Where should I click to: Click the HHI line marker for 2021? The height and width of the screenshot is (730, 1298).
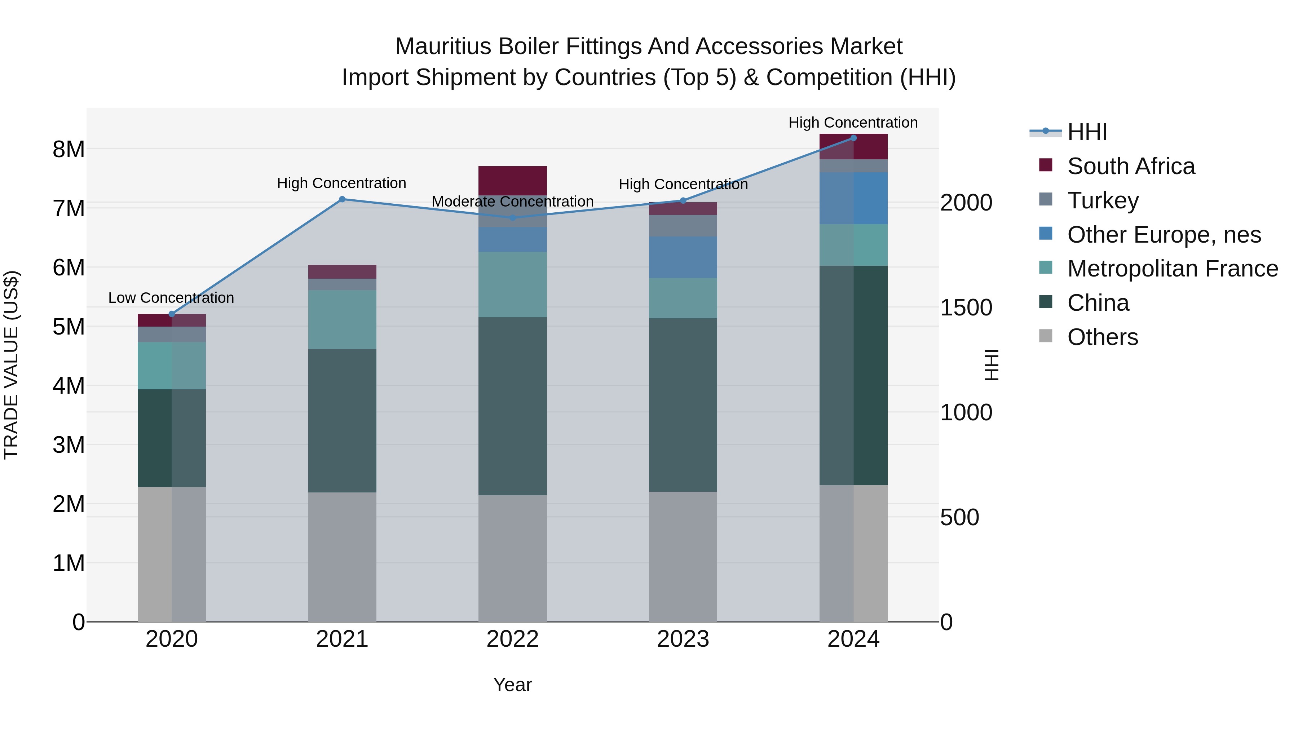coord(342,199)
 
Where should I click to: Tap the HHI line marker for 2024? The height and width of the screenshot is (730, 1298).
coord(853,138)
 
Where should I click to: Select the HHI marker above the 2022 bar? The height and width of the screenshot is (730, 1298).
coord(512,218)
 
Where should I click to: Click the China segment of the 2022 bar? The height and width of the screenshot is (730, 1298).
coord(512,406)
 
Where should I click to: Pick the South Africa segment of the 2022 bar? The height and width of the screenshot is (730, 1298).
coord(512,180)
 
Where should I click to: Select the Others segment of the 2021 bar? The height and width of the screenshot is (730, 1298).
coord(342,557)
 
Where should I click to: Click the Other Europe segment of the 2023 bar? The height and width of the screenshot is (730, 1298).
coord(683,257)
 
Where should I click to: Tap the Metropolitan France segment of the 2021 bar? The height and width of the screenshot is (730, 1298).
coord(342,319)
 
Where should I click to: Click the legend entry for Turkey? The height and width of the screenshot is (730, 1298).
coord(1103,200)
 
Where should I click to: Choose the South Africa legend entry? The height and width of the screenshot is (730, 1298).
coord(1131,166)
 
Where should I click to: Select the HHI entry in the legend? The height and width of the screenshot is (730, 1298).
coord(1087,132)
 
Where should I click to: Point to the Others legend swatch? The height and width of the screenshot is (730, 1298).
coord(1046,336)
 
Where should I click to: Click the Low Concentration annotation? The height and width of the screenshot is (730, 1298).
coord(171,298)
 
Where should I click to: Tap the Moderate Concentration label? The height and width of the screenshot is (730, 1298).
coord(512,202)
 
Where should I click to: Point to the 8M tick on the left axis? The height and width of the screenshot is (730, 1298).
coord(69,149)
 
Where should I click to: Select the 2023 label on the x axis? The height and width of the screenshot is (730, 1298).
coord(683,639)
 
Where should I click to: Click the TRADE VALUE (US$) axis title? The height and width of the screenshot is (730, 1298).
coord(11,365)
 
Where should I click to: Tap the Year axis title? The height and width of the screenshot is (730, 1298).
coord(512,685)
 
